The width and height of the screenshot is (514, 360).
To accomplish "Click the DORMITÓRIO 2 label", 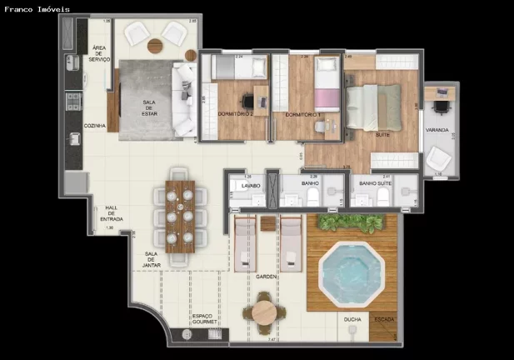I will click(234, 114).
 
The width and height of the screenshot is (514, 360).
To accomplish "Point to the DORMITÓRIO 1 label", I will click(303, 114).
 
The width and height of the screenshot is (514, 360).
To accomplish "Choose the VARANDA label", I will click(437, 130).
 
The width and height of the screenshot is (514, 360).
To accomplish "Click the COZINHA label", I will click(94, 126).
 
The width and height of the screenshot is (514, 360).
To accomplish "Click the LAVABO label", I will click(252, 186).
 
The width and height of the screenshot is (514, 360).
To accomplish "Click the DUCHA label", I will click(351, 318).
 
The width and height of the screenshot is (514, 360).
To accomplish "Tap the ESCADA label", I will click(383, 318).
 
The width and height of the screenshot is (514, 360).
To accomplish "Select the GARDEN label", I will click(267, 277).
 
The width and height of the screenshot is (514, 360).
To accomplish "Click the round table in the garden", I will click(264, 312).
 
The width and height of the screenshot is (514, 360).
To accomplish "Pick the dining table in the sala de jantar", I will click(179, 216).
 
